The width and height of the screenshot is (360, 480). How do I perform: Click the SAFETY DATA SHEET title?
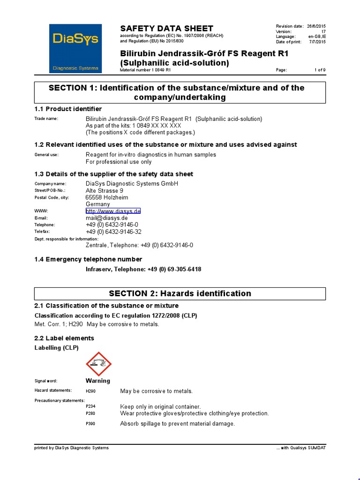pyautogui.click(x=166, y=28)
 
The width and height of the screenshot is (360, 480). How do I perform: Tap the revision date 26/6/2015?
pyautogui.click(x=316, y=26)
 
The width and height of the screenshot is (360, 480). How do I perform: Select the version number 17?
pyautogui.click(x=323, y=31)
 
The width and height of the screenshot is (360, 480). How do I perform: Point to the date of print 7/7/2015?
pyautogui.click(x=317, y=42)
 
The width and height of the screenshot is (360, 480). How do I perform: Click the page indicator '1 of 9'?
pyautogui.click(x=320, y=70)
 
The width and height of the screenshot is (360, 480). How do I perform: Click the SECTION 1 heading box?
pyautogui.click(x=180, y=92)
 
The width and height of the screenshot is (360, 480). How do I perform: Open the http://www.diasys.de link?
pyautogui.click(x=113, y=211)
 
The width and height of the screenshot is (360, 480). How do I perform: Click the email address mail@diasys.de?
pyautogui.click(x=107, y=218)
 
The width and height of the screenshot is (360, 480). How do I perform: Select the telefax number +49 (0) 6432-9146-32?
pyautogui.click(x=113, y=232)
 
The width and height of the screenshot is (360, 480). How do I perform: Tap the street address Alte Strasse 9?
pyautogui.click(x=105, y=191)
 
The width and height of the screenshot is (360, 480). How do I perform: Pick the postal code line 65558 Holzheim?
pyautogui.click(x=107, y=197)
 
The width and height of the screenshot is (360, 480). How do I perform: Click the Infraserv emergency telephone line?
pyautogui.click(x=143, y=269)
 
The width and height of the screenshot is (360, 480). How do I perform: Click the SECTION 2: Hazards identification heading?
pyautogui.click(x=180, y=293)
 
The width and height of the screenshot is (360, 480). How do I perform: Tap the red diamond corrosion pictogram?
pyautogui.click(x=98, y=363)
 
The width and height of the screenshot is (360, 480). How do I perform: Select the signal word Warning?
pyautogui.click(x=98, y=381)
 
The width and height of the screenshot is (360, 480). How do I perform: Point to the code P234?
pyautogui.click(x=90, y=406)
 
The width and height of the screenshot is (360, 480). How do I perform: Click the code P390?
pyautogui.click(x=90, y=424)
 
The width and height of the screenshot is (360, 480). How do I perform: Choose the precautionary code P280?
pyautogui.click(x=90, y=413)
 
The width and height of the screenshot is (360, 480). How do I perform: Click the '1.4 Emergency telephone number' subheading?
pyautogui.click(x=88, y=259)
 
